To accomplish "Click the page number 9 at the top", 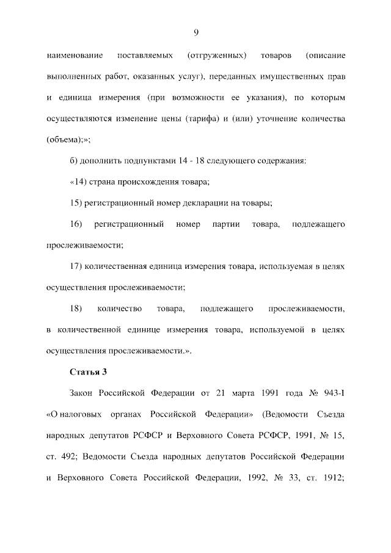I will tap(195, 32).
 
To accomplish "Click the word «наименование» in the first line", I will tap(75, 56).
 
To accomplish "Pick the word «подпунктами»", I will tap(136, 161).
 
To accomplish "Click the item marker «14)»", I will tap(81, 181).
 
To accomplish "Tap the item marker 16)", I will tap(77, 224).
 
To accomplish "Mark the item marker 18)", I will tap(77, 309).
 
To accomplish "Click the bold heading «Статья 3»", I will tap(89, 372).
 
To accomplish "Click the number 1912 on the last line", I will tap(333, 478).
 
